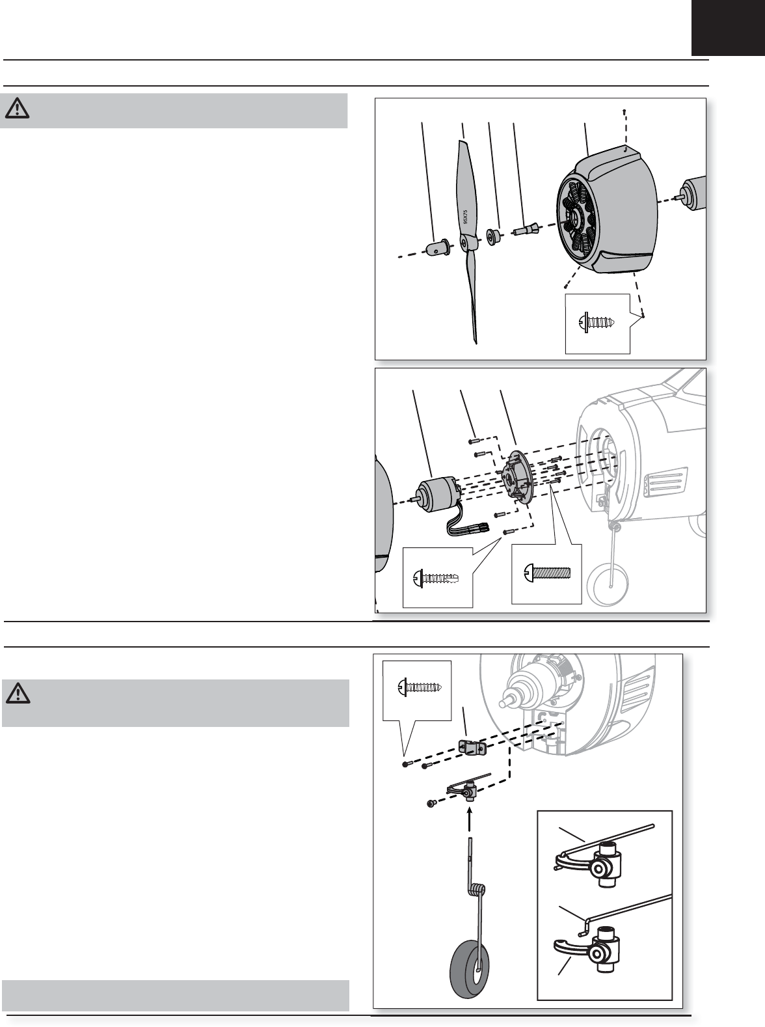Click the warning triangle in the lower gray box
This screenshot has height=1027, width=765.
click(18, 693)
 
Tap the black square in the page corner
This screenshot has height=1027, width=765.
click(728, 27)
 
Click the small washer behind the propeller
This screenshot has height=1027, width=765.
click(493, 236)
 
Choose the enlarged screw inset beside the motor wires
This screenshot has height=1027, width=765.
click(436, 579)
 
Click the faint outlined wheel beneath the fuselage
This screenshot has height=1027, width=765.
click(608, 583)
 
